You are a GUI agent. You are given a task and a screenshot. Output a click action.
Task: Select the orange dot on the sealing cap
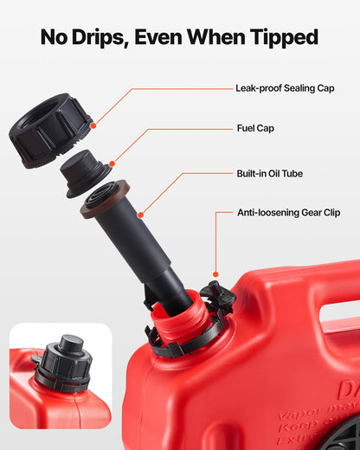click(93, 125)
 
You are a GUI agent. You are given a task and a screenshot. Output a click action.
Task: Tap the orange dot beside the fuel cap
click(112, 162)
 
